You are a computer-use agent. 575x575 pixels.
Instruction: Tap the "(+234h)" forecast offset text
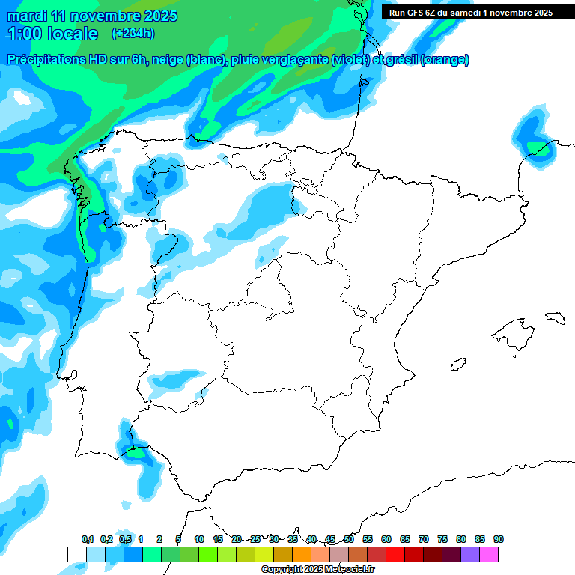click(133, 33)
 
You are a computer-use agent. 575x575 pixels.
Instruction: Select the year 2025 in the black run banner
click(538, 13)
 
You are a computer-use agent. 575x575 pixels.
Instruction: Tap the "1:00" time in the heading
click(25, 34)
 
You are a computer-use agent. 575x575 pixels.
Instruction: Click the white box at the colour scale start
click(76, 554)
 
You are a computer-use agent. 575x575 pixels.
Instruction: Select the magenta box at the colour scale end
click(489, 554)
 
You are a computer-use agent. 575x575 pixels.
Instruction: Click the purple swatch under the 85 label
click(470, 554)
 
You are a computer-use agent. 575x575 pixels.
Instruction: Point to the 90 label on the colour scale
click(499, 539)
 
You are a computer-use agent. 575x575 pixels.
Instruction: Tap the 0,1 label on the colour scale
click(88, 539)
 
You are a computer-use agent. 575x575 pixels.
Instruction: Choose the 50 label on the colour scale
click(349, 539)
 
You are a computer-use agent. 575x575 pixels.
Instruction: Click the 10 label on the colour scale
click(199, 539)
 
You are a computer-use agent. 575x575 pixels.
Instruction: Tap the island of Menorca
click(555, 317)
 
